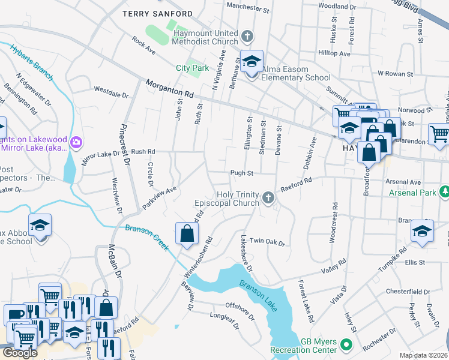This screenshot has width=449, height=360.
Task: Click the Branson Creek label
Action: pos(148,237)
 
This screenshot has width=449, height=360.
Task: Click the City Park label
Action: pos(191,68)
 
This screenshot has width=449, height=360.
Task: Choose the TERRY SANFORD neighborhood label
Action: pos(157,13)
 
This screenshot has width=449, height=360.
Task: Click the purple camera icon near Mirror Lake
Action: pos(76,142)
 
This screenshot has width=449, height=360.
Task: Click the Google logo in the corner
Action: pos(20,353)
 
